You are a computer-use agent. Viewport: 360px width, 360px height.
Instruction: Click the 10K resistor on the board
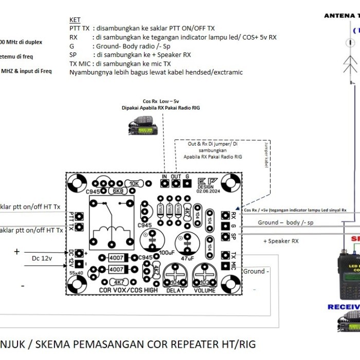pos(134,184)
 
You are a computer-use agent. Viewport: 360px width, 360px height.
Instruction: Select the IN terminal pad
pos(165,184)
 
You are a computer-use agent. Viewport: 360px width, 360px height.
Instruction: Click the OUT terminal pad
pos(176,184)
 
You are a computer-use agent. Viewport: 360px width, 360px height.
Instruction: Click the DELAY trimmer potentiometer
pos(175,278)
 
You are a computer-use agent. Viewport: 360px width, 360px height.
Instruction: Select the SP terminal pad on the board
pos(225,237)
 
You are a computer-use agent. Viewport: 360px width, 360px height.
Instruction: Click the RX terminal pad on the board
pos(225,215)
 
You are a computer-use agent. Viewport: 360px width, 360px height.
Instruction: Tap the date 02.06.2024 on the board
pos(207,191)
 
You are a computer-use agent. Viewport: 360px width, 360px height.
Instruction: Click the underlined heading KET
pos(75,20)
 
